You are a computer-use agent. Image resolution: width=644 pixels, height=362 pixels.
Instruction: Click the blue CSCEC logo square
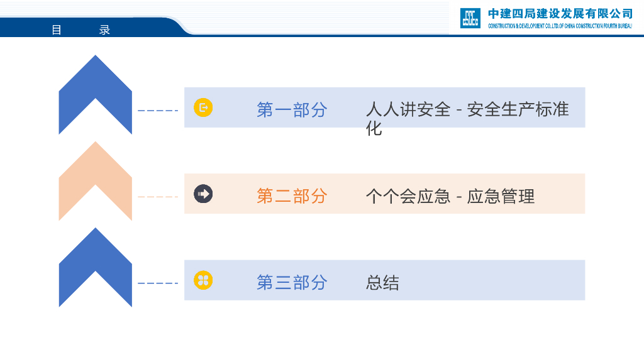click(x=470, y=18)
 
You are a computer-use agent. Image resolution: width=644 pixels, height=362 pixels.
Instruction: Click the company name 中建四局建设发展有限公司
click(x=560, y=14)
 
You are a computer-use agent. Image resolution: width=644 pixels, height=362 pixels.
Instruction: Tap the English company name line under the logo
click(x=560, y=26)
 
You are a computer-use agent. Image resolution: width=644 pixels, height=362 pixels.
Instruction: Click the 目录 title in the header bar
click(x=80, y=30)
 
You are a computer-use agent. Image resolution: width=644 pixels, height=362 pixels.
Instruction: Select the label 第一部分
click(x=292, y=109)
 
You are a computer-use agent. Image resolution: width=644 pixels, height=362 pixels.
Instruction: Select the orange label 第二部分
click(x=292, y=195)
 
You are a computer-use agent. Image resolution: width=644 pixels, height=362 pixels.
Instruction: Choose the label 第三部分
click(x=292, y=282)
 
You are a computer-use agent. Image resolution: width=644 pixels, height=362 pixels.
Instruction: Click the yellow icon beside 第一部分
click(x=203, y=107)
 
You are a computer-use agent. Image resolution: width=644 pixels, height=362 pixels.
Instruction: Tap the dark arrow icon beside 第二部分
click(x=203, y=194)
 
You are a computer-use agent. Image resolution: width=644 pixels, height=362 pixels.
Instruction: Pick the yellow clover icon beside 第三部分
click(x=203, y=280)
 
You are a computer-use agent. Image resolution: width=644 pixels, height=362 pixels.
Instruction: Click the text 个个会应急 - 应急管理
click(x=450, y=196)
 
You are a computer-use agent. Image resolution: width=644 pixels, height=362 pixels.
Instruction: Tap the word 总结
click(x=382, y=283)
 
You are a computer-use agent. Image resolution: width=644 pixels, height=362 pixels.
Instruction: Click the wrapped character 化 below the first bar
click(x=374, y=129)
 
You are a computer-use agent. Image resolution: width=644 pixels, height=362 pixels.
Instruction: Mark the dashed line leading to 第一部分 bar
click(x=158, y=111)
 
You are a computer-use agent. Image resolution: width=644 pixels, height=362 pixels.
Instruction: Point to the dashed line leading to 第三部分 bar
click(x=158, y=283)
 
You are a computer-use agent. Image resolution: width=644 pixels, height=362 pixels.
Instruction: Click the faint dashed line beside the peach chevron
click(x=158, y=197)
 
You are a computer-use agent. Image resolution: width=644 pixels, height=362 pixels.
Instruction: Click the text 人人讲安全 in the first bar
click(x=408, y=109)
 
